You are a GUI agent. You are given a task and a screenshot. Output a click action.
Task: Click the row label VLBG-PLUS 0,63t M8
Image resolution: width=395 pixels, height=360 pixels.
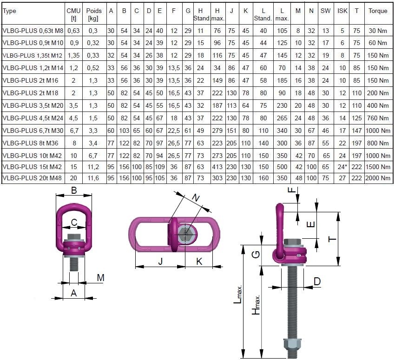pyautogui.click(x=32, y=31)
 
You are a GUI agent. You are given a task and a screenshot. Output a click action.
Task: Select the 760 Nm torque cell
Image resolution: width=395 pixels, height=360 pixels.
pyautogui.click(x=377, y=117)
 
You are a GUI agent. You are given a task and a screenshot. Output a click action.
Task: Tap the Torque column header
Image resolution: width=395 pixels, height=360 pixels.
pyautogui.click(x=377, y=10)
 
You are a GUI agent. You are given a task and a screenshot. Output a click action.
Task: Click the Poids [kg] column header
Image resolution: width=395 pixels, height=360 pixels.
pyautogui.click(x=94, y=14)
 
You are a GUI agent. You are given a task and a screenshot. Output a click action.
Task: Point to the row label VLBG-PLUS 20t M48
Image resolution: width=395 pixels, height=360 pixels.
pyautogui.click(x=32, y=178)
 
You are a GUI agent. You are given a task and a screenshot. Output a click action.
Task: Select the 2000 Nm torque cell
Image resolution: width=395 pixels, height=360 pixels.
pyautogui.click(x=377, y=178)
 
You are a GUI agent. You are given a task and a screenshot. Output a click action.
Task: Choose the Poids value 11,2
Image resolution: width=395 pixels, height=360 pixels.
pyautogui.click(x=94, y=166)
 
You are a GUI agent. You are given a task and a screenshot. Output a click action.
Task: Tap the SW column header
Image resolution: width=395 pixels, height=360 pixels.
pyautogui.click(x=325, y=10)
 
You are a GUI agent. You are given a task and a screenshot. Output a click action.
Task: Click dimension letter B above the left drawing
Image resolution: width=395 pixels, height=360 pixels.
pyautogui.click(x=73, y=190)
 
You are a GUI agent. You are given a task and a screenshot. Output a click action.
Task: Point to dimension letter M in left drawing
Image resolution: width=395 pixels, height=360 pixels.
pyautogui.click(x=100, y=278)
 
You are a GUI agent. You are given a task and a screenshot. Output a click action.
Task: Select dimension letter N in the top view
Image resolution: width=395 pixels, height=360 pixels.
pyautogui.click(x=197, y=199)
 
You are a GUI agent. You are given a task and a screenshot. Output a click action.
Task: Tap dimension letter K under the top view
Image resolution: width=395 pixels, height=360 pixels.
pyautogui.click(x=199, y=262)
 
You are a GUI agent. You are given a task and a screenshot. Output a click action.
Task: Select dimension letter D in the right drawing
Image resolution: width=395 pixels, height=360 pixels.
pyautogui.click(x=317, y=281)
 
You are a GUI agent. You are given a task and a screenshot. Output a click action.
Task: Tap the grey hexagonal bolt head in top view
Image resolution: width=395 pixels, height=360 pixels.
pyautogui.click(x=187, y=234)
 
